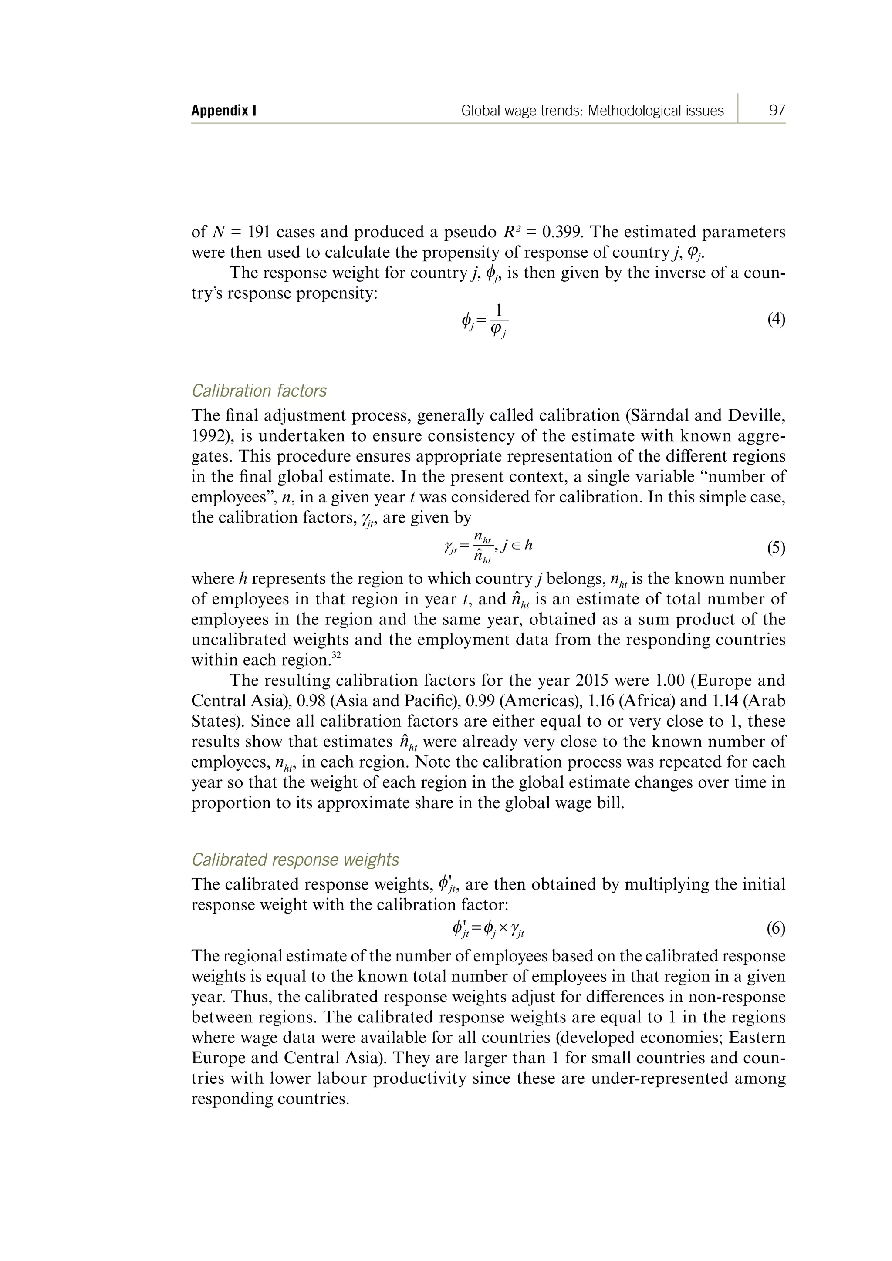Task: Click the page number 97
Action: [777, 111]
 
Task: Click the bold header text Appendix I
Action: [223, 111]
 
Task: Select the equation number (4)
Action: [776, 319]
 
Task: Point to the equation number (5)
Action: [776, 549]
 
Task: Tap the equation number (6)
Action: [776, 928]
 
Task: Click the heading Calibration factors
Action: [259, 391]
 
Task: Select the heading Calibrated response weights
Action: [295, 860]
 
